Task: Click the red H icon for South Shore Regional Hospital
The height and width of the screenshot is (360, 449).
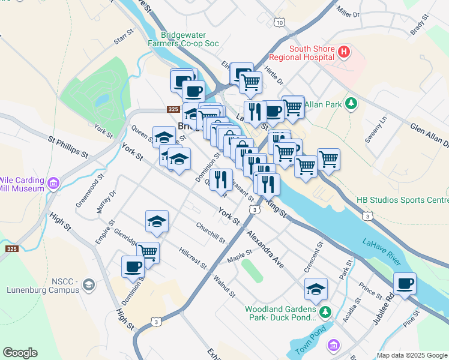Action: pyautogui.click(x=344, y=52)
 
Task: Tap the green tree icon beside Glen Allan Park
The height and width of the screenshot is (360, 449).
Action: pyautogui.click(x=352, y=105)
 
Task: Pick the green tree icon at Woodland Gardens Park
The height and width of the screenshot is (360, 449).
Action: pyautogui.click(x=325, y=311)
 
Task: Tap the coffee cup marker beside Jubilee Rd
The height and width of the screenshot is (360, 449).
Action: pyautogui.click(x=405, y=283)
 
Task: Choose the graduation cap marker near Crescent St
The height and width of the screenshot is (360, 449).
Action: pyautogui.click(x=316, y=290)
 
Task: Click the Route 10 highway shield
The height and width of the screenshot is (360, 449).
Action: pyautogui.click(x=280, y=22)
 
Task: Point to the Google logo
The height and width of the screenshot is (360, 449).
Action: pyautogui.click(x=20, y=353)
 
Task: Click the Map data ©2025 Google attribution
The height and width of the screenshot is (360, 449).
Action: pyautogui.click(x=411, y=355)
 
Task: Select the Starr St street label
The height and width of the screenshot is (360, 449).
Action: pyautogui.click(x=123, y=38)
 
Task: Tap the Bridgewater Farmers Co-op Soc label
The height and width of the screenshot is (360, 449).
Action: pyautogui.click(x=183, y=39)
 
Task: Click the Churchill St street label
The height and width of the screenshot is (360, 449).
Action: pyautogui.click(x=210, y=233)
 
